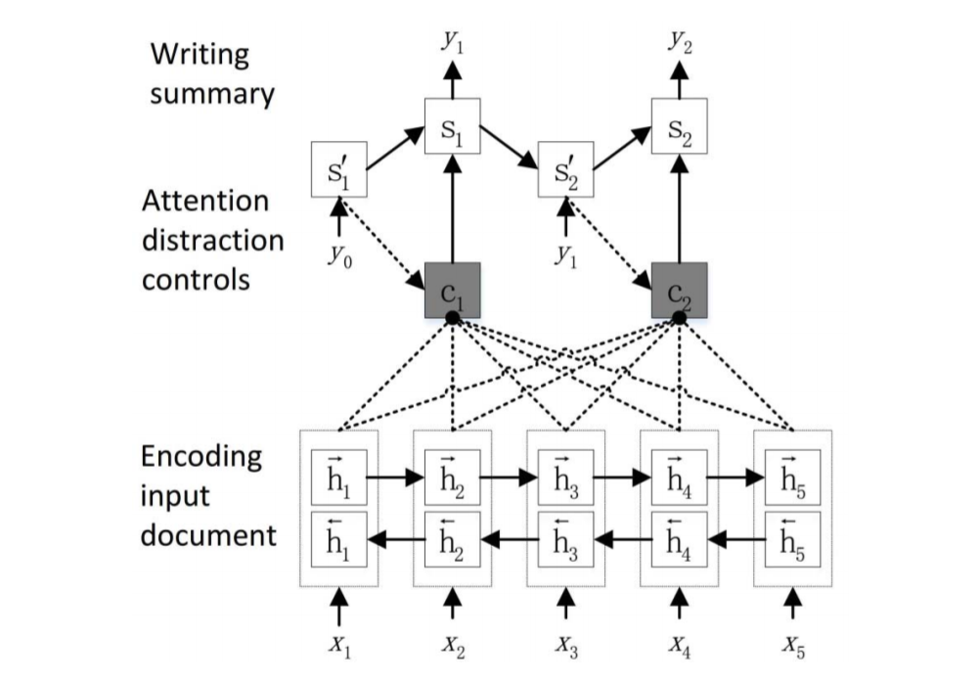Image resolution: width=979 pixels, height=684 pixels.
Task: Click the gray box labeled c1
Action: (x=452, y=290)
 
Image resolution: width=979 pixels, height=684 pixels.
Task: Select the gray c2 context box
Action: (x=679, y=290)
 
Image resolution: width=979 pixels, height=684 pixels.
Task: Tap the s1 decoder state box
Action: (x=452, y=126)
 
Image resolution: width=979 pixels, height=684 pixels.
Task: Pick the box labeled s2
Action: (x=679, y=126)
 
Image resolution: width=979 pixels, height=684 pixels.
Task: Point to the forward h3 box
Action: (x=565, y=478)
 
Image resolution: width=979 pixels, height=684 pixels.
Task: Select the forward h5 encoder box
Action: (x=791, y=478)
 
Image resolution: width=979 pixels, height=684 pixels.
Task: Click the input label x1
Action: (x=337, y=647)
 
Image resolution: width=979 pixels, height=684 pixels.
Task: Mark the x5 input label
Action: (x=791, y=647)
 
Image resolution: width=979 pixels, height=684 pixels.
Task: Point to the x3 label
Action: (x=565, y=647)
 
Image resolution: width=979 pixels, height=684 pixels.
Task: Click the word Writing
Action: (x=200, y=55)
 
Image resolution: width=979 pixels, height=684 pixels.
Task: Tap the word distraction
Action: (x=213, y=241)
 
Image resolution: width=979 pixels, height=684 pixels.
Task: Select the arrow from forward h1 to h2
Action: (x=395, y=478)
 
